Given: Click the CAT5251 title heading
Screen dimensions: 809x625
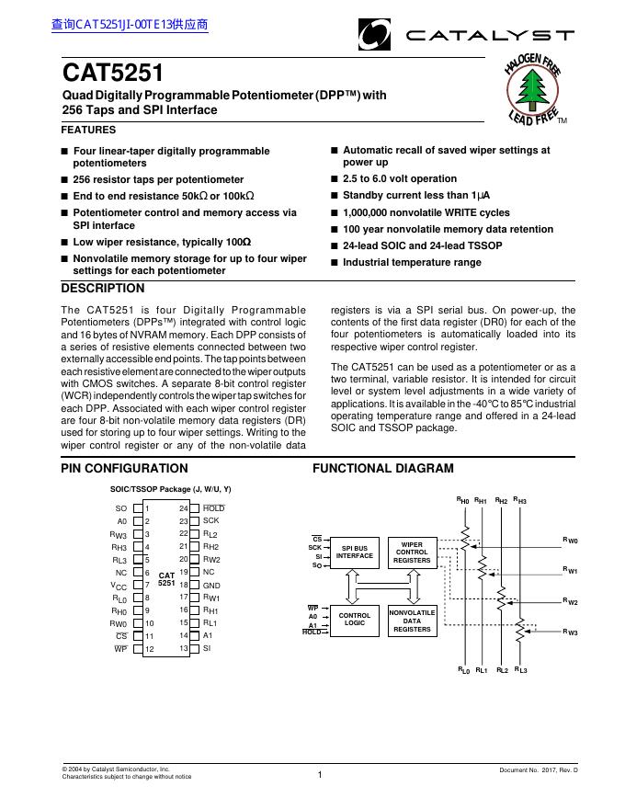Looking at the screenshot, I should (113, 73).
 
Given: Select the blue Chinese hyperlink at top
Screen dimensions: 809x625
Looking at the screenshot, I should (130, 25).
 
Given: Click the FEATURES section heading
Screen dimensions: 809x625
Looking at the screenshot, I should (88, 130).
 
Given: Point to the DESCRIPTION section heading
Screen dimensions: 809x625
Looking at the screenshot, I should (102, 289).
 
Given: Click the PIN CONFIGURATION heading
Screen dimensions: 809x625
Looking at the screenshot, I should (124, 468).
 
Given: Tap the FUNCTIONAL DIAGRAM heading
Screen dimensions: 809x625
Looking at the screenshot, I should (383, 468).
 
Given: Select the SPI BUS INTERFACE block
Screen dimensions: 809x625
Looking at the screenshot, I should (355, 552).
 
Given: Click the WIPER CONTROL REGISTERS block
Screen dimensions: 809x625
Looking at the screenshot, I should (412, 552).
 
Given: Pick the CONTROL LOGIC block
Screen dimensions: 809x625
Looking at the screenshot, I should (355, 619).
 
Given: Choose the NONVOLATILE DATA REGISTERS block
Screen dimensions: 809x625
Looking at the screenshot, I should (412, 621).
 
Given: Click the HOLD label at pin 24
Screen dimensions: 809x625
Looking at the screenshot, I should (213, 508).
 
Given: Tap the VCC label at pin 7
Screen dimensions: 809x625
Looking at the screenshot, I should (119, 585).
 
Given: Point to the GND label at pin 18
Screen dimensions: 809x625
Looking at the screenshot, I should (211, 585).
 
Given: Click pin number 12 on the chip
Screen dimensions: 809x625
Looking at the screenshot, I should (150, 649).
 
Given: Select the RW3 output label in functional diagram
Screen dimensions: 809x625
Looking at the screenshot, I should (570, 632).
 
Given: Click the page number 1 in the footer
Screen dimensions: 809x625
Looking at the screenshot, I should (319, 775).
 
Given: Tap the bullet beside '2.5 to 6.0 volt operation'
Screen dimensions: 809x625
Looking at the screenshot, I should (335, 179).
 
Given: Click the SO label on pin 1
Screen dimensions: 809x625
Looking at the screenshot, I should (121, 508).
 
